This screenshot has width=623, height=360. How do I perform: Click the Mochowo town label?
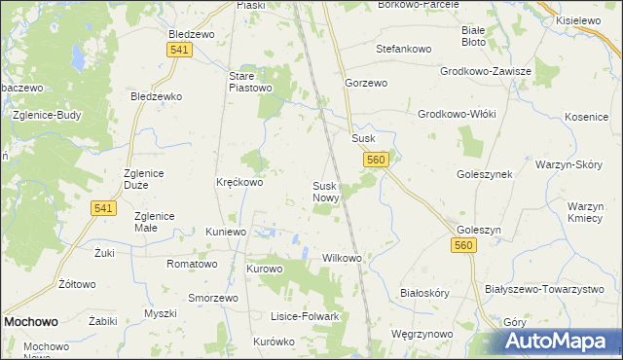(30, 320)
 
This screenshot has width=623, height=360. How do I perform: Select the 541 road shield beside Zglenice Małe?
(105, 207)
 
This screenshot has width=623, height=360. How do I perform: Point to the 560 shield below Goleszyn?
(463, 248)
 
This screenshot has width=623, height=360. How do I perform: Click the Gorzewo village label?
(366, 84)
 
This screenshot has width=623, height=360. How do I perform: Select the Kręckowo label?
(239, 182)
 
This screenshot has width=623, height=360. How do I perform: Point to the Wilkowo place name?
(342, 259)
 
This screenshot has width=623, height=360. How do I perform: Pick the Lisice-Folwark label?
(305, 317)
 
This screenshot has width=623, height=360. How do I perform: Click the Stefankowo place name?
(404, 48)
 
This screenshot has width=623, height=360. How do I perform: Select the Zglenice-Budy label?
(47, 114)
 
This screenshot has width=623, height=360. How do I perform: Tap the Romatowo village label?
(192, 264)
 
